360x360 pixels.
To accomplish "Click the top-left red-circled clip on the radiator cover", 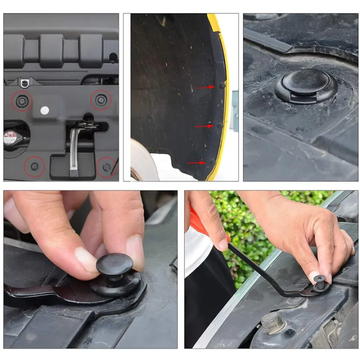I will (x=22, y=101).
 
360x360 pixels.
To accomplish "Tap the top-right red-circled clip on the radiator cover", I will (x=101, y=100).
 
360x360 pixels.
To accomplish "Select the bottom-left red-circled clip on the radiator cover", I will (x=34, y=166).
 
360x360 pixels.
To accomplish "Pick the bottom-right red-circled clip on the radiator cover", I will (x=106, y=166).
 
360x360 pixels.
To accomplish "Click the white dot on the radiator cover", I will (x=44, y=110).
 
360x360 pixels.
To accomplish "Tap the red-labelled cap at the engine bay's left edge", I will (x=10, y=137).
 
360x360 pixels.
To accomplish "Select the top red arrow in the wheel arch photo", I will (x=206, y=87).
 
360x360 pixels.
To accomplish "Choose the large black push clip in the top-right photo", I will (x=305, y=85).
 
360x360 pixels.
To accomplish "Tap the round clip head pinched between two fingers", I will (x=114, y=264).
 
